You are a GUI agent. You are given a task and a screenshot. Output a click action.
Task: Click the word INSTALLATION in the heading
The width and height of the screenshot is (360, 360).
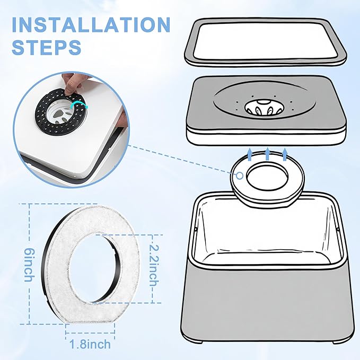pyautogui.click(x=91, y=25)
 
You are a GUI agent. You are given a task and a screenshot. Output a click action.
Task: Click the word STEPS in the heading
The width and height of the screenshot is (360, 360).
pyautogui.click(x=47, y=47)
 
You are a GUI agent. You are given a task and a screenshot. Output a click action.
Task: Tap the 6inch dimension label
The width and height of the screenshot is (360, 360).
pyautogui.click(x=29, y=265)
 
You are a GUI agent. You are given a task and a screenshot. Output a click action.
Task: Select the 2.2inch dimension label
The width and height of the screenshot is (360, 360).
pyautogui.click(x=154, y=266)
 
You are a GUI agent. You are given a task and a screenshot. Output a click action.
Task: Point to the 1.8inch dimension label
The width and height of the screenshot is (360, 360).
pyautogui.click(x=90, y=344)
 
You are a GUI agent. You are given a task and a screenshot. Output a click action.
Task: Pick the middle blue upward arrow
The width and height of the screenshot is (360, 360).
pyautogui.click(x=267, y=154)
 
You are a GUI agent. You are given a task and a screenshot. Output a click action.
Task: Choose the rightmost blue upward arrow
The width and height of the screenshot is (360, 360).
pyautogui.click(x=285, y=154)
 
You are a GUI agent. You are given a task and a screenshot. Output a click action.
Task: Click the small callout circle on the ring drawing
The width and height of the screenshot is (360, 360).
pyautogui.click(x=240, y=176)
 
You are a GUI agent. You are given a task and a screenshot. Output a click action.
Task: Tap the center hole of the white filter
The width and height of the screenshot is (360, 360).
pyautogui.click(x=93, y=269)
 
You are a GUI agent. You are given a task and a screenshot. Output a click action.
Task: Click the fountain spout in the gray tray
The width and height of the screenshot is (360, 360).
pyautogui.click(x=264, y=108)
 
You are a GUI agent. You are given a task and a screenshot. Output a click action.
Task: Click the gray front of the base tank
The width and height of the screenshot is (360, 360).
pyautogui.click(x=266, y=305)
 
